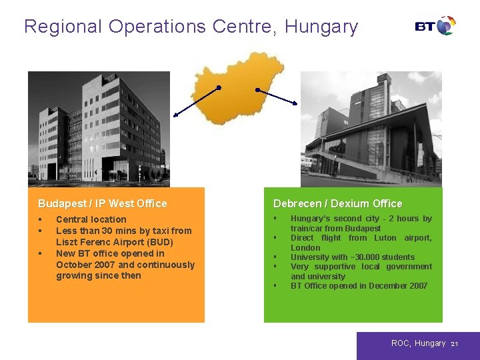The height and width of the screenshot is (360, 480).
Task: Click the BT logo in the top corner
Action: (x=435, y=26)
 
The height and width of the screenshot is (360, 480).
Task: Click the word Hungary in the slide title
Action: (x=321, y=27)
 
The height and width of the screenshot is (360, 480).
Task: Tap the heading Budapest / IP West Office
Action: (x=103, y=203)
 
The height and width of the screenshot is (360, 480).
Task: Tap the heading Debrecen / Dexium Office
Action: (x=337, y=203)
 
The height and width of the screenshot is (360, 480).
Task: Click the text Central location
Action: (x=91, y=219)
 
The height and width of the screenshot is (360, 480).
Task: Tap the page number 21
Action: (x=455, y=344)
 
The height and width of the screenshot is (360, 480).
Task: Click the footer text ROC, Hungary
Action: (x=418, y=343)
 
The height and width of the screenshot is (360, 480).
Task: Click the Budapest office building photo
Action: (x=99, y=129)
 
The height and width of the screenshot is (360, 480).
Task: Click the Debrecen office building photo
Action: (x=371, y=129)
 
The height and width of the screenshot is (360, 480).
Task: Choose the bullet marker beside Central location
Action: (x=41, y=219)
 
